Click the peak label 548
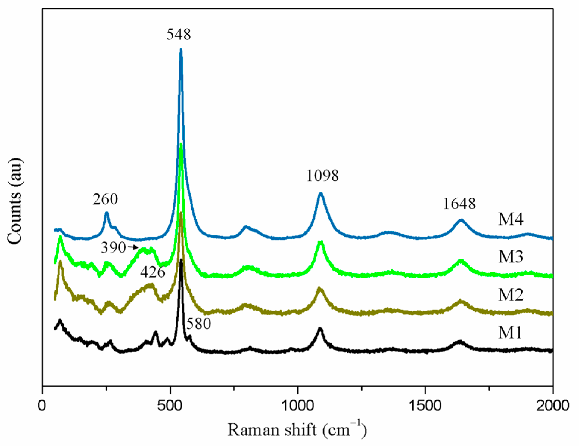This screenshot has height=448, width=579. pyautogui.click(x=179, y=34)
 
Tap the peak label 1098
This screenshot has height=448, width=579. pyautogui.click(x=322, y=176)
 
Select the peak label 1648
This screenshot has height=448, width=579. pyautogui.click(x=459, y=204)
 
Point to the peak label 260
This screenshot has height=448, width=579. pyautogui.click(x=105, y=199)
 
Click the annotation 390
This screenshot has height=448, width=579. pyautogui.click(x=113, y=248)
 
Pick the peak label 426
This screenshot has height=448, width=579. pyautogui.click(x=153, y=272)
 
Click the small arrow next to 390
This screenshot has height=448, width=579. pyautogui.click(x=133, y=247)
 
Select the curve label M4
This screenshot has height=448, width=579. pyautogui.click(x=511, y=219)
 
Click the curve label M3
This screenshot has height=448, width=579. pyautogui.click(x=511, y=257)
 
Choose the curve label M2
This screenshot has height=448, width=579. pyautogui.click(x=511, y=295)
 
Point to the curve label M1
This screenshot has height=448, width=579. pyautogui.click(x=510, y=333)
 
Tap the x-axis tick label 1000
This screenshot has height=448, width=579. pyautogui.click(x=297, y=406)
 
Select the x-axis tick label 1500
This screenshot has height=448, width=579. pyautogui.click(x=425, y=406)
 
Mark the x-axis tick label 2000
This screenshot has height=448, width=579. pyautogui.click(x=552, y=406)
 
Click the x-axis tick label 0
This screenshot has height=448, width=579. pyautogui.click(x=42, y=406)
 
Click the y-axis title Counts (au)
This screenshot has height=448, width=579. pyautogui.click(x=15, y=201)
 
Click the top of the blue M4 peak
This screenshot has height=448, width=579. pyautogui.click(x=181, y=50)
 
